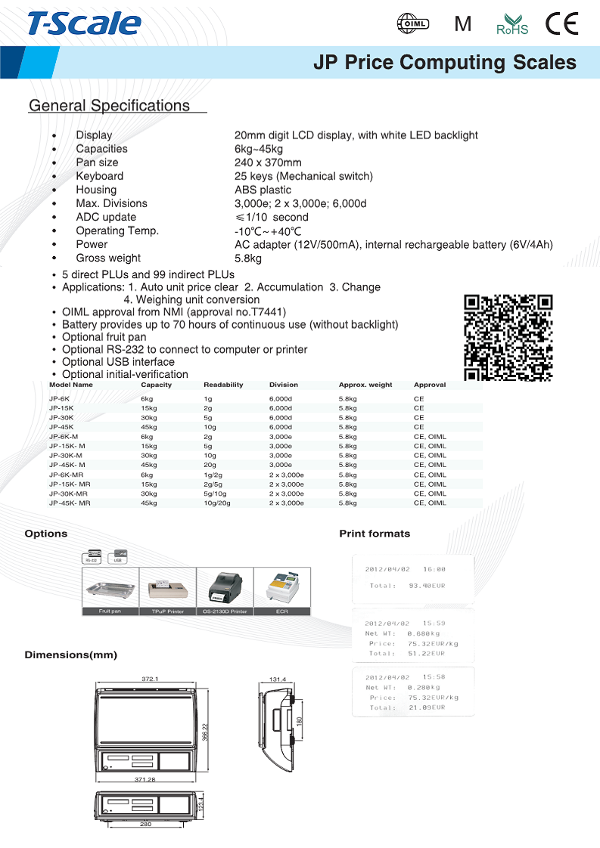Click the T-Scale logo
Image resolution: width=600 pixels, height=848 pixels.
coord(84,24)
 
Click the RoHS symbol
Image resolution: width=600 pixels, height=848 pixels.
coord(511,25)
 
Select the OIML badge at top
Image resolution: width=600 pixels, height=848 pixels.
coord(413,24)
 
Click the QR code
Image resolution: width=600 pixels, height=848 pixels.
coord(508,337)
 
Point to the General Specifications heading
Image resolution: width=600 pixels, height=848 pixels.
coord(109,106)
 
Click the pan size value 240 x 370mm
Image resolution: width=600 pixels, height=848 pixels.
coord(268,162)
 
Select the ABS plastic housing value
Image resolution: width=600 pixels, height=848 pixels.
coord(263,190)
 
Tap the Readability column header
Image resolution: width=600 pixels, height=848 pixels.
coord(223,385)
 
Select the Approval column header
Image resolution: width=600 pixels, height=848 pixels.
coord(430,385)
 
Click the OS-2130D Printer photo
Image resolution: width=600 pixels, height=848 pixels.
coord(224,586)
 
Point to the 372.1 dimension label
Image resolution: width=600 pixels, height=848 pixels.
coord(150,679)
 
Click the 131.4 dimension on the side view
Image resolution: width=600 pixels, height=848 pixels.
coord(278,679)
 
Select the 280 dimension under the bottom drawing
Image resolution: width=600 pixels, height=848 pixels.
coord(146,825)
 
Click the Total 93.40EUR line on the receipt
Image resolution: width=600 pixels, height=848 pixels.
coord(407,586)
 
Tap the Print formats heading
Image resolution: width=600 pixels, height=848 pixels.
coord(375,534)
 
